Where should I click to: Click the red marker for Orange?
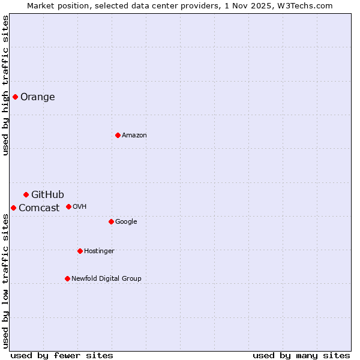(15, 97)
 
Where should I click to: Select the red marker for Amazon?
(118, 135)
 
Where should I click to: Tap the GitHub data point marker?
(26, 194)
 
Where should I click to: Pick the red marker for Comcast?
(13, 208)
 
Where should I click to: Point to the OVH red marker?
(68, 206)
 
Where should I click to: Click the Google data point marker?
(111, 221)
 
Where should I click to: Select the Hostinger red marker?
(80, 251)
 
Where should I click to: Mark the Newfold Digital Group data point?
(67, 278)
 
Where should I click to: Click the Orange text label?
(38, 97)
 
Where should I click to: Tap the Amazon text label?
(134, 136)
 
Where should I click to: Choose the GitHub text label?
(47, 194)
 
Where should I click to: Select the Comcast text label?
(39, 208)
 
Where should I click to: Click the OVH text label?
(80, 207)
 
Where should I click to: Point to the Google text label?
(126, 222)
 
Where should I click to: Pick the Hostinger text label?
(99, 251)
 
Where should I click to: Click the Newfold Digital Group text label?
(106, 279)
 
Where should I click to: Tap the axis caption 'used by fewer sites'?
(62, 355)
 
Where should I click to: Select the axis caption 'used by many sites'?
(301, 355)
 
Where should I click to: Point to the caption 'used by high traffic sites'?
(6, 85)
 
